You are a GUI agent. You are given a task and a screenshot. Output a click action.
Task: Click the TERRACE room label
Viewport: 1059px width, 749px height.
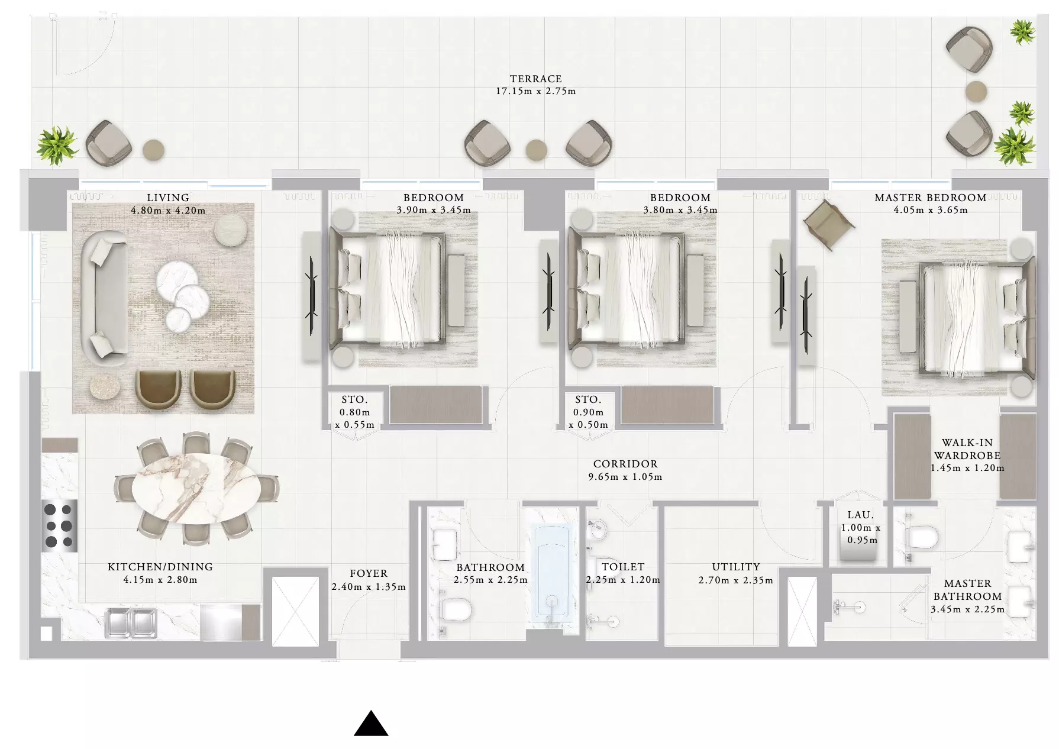tap(535, 79)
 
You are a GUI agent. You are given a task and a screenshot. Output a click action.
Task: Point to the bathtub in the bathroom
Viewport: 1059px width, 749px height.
tap(553, 574)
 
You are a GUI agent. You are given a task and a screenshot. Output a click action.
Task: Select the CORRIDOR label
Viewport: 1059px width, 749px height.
tap(625, 464)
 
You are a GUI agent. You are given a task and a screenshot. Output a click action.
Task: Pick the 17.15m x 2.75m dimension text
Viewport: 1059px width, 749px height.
tap(535, 92)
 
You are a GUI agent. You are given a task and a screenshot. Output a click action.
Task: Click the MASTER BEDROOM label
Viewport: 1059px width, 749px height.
tap(930, 198)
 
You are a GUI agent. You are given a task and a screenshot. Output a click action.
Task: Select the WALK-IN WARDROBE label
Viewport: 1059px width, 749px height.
tap(967, 449)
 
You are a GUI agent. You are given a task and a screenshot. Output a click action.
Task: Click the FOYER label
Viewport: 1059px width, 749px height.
tap(369, 573)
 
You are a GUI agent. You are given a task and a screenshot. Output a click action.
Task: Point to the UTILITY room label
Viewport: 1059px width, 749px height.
tap(736, 567)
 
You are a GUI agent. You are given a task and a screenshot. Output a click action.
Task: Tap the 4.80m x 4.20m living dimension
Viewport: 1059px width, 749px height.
tap(168, 211)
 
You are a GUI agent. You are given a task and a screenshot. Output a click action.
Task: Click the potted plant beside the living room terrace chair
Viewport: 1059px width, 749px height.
tap(57, 144)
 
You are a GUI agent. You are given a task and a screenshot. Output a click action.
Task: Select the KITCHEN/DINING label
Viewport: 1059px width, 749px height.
tap(160, 567)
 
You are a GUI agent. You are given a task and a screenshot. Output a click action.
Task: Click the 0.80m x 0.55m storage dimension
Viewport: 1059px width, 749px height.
tap(354, 419)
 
